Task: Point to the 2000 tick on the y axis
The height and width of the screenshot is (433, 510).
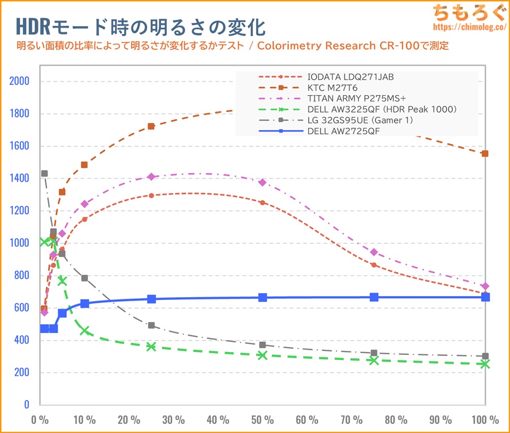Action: tap(19, 81)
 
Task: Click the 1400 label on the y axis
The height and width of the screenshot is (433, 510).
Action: tap(19, 178)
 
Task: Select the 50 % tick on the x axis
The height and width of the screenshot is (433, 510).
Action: tap(262, 420)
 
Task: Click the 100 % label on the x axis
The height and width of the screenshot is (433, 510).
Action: tap(485, 420)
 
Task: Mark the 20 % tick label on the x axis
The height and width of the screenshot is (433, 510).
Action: tap(129, 420)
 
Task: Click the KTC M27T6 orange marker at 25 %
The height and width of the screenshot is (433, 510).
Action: tap(151, 126)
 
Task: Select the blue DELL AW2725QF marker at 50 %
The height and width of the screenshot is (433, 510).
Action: tap(262, 297)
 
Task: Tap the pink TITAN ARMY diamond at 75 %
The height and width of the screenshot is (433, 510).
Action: tap(374, 252)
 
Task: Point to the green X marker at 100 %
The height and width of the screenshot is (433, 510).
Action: tap(485, 364)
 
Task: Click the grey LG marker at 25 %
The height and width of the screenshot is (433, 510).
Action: tap(151, 325)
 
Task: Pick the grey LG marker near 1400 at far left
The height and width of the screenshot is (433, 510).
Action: tap(44, 174)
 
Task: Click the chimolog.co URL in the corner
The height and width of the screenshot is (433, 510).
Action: tap(469, 27)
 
